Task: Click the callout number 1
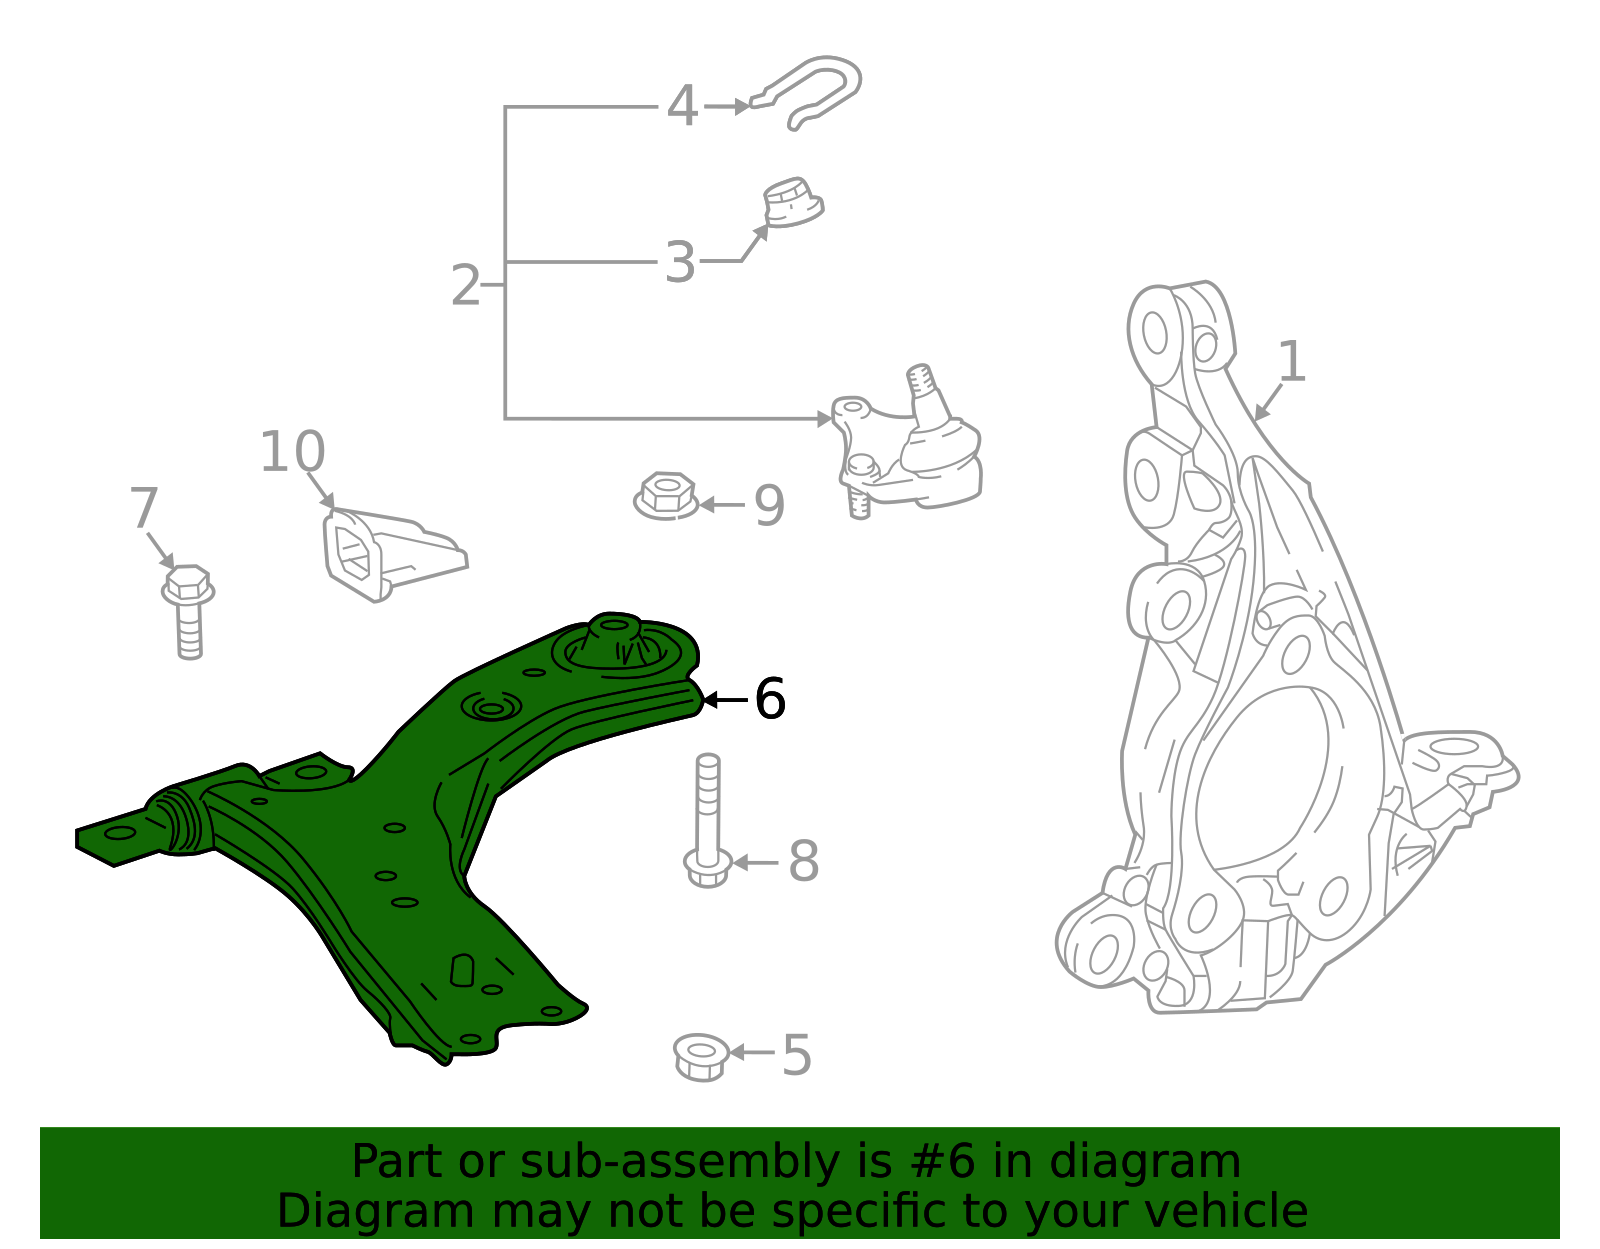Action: pyautogui.click(x=1292, y=362)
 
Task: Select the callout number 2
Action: pyautogui.click(x=466, y=286)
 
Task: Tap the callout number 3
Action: pyautogui.click(x=680, y=263)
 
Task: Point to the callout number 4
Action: pyautogui.click(x=682, y=106)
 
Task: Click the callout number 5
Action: pyautogui.click(x=797, y=1055)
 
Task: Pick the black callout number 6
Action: pyautogui.click(x=770, y=699)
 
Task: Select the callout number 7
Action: pyautogui.click(x=144, y=509)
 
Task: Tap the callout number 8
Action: pyautogui.click(x=804, y=862)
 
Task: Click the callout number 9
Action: pyautogui.click(x=769, y=506)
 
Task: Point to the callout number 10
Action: pyautogui.click(x=292, y=452)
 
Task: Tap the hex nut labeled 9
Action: pyautogui.click(x=665, y=496)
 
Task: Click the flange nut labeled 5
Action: pyautogui.click(x=701, y=1057)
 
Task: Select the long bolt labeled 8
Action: pyautogui.click(x=708, y=820)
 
